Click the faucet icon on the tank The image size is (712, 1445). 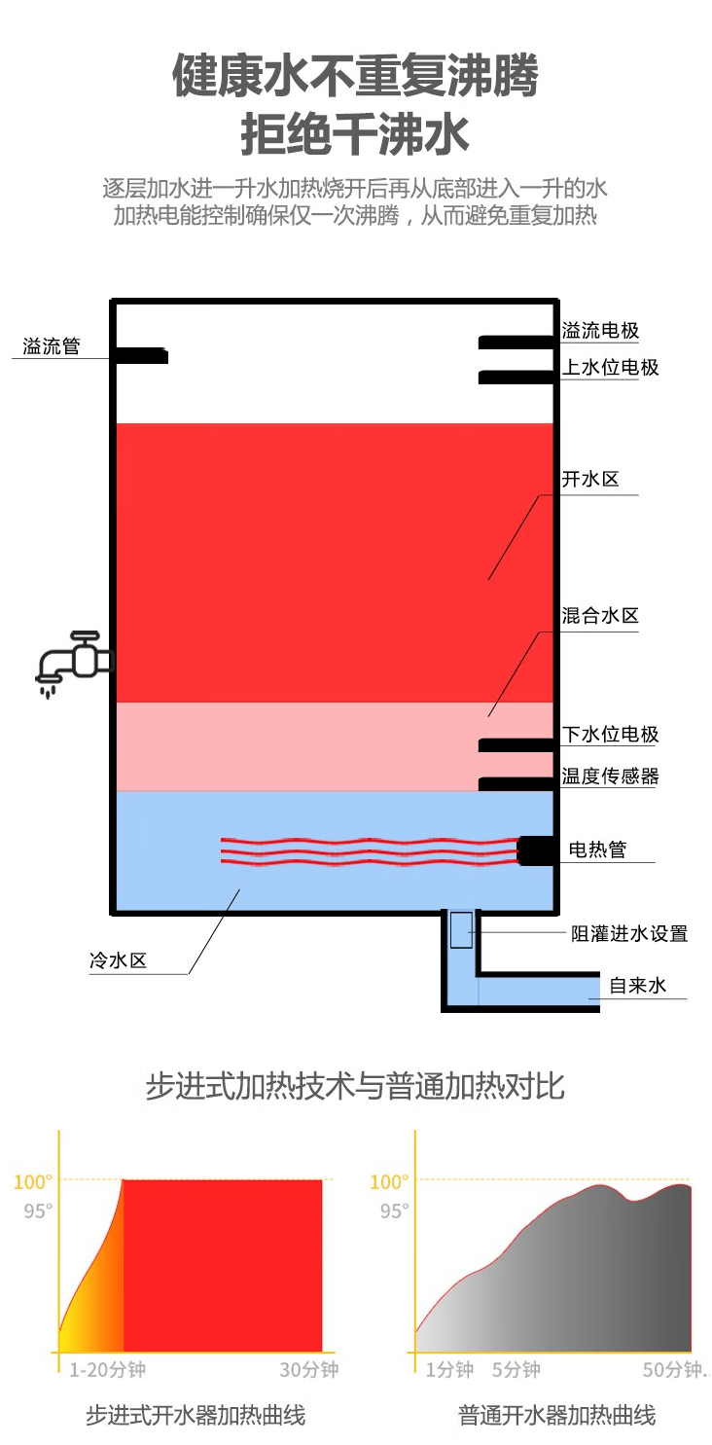coord(74,661)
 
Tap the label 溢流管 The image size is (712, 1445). coord(52,346)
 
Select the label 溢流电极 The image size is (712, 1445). coord(600,331)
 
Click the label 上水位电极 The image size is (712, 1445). coord(610,368)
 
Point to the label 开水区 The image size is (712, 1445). coord(590,480)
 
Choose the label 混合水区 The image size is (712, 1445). coord(600,616)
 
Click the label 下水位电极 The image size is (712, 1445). coord(610,735)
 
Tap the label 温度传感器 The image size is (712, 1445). coord(610,777)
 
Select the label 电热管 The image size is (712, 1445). coord(597,849)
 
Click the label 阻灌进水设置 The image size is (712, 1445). coord(628,933)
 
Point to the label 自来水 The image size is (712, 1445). coord(638,986)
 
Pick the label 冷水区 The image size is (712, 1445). coord(118,961)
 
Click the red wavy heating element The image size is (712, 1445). coord(370,849)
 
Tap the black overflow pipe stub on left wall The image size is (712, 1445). coord(142,355)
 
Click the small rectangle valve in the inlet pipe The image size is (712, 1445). coord(461,930)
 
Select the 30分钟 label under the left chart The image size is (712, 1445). coord(309,1370)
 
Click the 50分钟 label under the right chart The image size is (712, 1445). coord(672,1370)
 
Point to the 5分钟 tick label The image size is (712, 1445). coord(516,1370)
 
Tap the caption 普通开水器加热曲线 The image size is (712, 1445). coord(556,1414)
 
